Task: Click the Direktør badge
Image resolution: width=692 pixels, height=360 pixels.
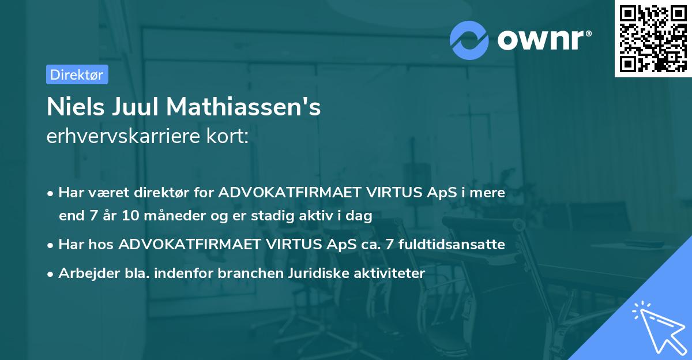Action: [x=76, y=74]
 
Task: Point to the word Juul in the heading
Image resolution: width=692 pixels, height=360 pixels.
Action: [x=139, y=107]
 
